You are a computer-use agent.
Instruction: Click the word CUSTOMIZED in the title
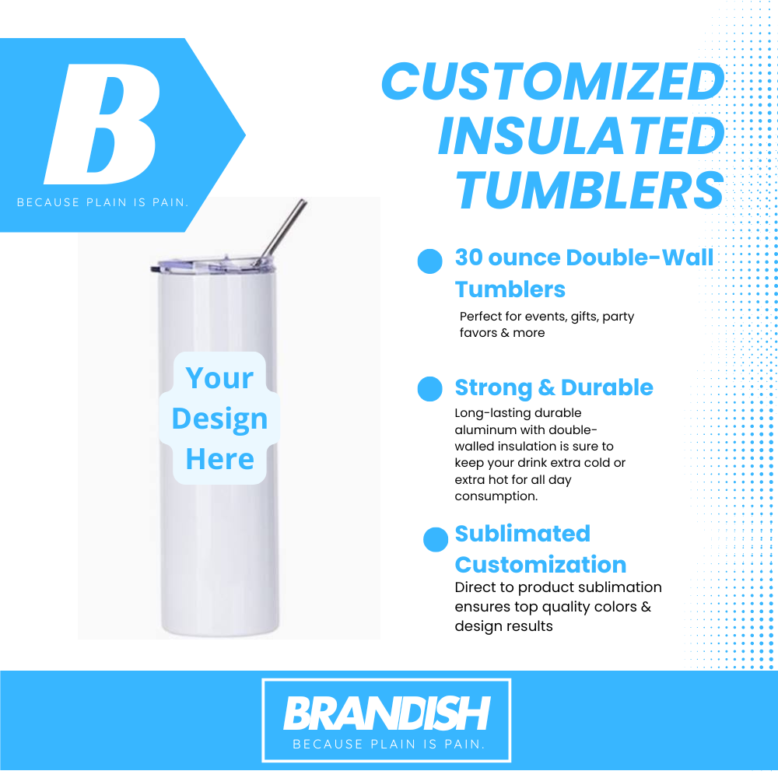(553, 82)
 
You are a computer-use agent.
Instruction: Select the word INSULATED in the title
(581, 136)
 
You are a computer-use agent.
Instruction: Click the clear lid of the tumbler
(213, 265)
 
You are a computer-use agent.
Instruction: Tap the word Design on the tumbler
(219, 419)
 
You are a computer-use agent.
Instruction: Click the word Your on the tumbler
(219, 379)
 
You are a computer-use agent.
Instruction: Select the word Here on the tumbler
(220, 459)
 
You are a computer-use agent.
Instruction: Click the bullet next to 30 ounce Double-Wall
(429, 261)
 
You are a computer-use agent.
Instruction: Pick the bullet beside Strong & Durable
(429, 388)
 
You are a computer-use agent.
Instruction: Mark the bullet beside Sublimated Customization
(436, 539)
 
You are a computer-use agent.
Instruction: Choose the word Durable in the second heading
(607, 387)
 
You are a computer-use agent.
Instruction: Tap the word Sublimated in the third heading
(523, 534)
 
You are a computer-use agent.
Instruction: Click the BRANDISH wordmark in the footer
(387, 713)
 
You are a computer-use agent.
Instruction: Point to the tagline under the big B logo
(103, 202)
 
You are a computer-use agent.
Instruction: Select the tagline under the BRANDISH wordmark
(388, 744)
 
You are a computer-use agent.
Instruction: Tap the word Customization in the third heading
(541, 565)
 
